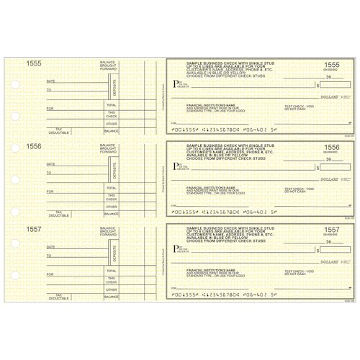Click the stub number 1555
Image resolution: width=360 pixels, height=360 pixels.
click(34, 64)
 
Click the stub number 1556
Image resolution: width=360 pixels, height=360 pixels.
click(34, 146)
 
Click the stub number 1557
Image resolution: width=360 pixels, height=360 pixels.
click(34, 228)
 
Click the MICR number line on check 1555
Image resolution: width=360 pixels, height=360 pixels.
click(220, 130)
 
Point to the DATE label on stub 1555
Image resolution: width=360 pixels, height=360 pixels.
click(50, 81)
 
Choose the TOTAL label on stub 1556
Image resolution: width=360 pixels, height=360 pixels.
click(111, 188)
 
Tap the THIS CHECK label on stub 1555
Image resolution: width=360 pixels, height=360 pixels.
click(111, 114)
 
